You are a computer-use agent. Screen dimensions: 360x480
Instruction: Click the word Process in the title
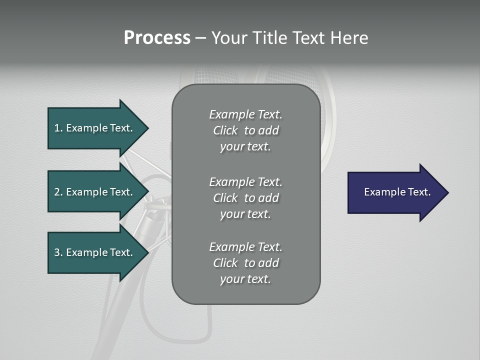[157, 38]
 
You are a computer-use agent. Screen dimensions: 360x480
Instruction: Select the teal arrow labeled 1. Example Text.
[95, 128]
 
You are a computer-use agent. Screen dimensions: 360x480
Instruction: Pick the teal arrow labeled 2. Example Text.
[95, 192]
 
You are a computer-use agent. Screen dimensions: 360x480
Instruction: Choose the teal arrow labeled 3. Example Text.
[95, 252]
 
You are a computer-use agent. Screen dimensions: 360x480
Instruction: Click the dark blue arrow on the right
[395, 192]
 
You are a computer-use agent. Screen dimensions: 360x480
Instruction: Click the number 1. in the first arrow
[58, 128]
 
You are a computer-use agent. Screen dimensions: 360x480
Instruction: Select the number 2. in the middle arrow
[58, 192]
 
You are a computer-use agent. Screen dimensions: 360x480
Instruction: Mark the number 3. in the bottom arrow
[58, 252]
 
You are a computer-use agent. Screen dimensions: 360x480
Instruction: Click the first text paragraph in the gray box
[245, 130]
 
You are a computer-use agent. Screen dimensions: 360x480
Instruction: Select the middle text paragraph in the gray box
[245, 198]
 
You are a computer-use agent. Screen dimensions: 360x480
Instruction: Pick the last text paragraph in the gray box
[245, 263]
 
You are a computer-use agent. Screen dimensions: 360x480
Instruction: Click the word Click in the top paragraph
[225, 130]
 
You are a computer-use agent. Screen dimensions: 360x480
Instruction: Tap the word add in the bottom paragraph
[269, 263]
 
